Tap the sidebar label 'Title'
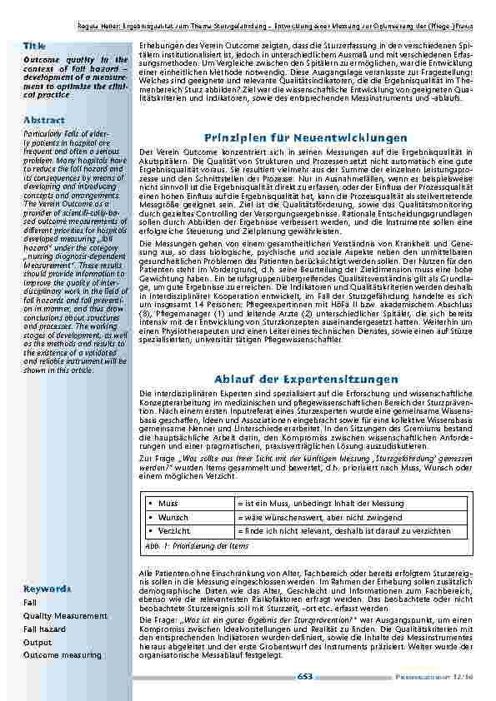point(34,46)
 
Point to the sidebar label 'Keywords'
point(47,589)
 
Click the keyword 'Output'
point(38,642)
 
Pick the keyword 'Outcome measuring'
point(63,655)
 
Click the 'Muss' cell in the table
point(168,504)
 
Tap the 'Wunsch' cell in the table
point(173,517)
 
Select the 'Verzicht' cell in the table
point(173,530)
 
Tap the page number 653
point(305,677)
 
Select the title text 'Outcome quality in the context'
point(76,61)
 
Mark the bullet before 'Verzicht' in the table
point(149,530)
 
